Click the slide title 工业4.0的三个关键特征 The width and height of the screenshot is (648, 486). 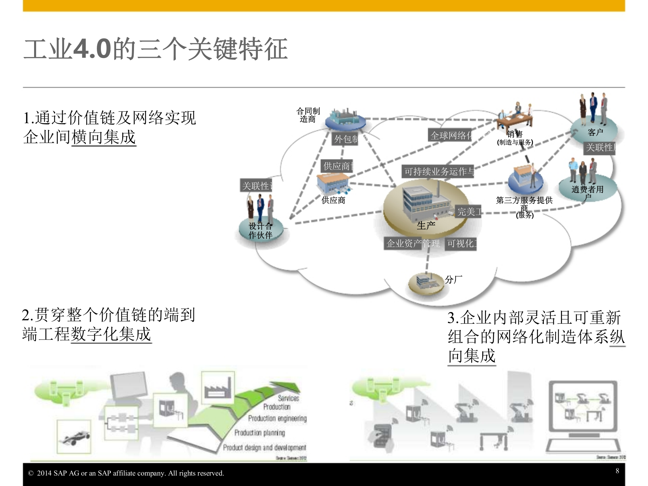(156, 49)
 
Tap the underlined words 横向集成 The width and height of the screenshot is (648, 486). (104, 137)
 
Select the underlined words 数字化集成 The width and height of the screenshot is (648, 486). (111, 334)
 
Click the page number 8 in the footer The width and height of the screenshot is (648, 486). (617, 471)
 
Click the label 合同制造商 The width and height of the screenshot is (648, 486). (308, 115)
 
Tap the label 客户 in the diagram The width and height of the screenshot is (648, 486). (595, 132)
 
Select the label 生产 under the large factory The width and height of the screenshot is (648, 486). (426, 225)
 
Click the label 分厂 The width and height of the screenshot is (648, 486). (453, 279)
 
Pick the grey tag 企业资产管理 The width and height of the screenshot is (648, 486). (413, 243)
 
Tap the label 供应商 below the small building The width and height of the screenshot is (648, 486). (333, 200)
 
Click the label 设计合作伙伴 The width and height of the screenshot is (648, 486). (260, 231)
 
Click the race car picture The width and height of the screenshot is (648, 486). (74, 437)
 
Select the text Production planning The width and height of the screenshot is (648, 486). (260, 433)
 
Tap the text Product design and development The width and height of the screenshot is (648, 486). (264, 448)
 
